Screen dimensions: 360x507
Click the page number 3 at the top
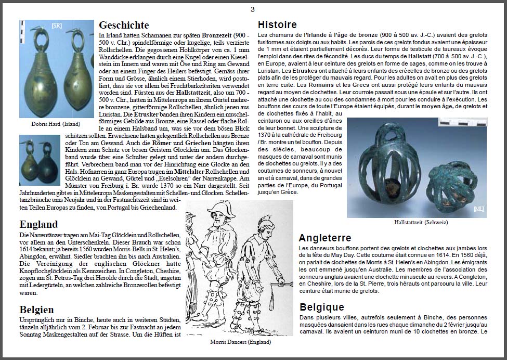click(253, 9)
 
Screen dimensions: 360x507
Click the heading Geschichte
click(124, 25)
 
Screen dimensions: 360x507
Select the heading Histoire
click(277, 24)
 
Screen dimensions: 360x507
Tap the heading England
click(38, 225)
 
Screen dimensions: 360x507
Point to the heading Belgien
click(36, 310)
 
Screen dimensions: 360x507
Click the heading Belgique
click(322, 307)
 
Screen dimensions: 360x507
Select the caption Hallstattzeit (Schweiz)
click(421, 223)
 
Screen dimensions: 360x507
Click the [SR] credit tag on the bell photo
click(56, 25)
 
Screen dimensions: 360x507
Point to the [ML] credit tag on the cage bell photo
click(478, 209)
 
